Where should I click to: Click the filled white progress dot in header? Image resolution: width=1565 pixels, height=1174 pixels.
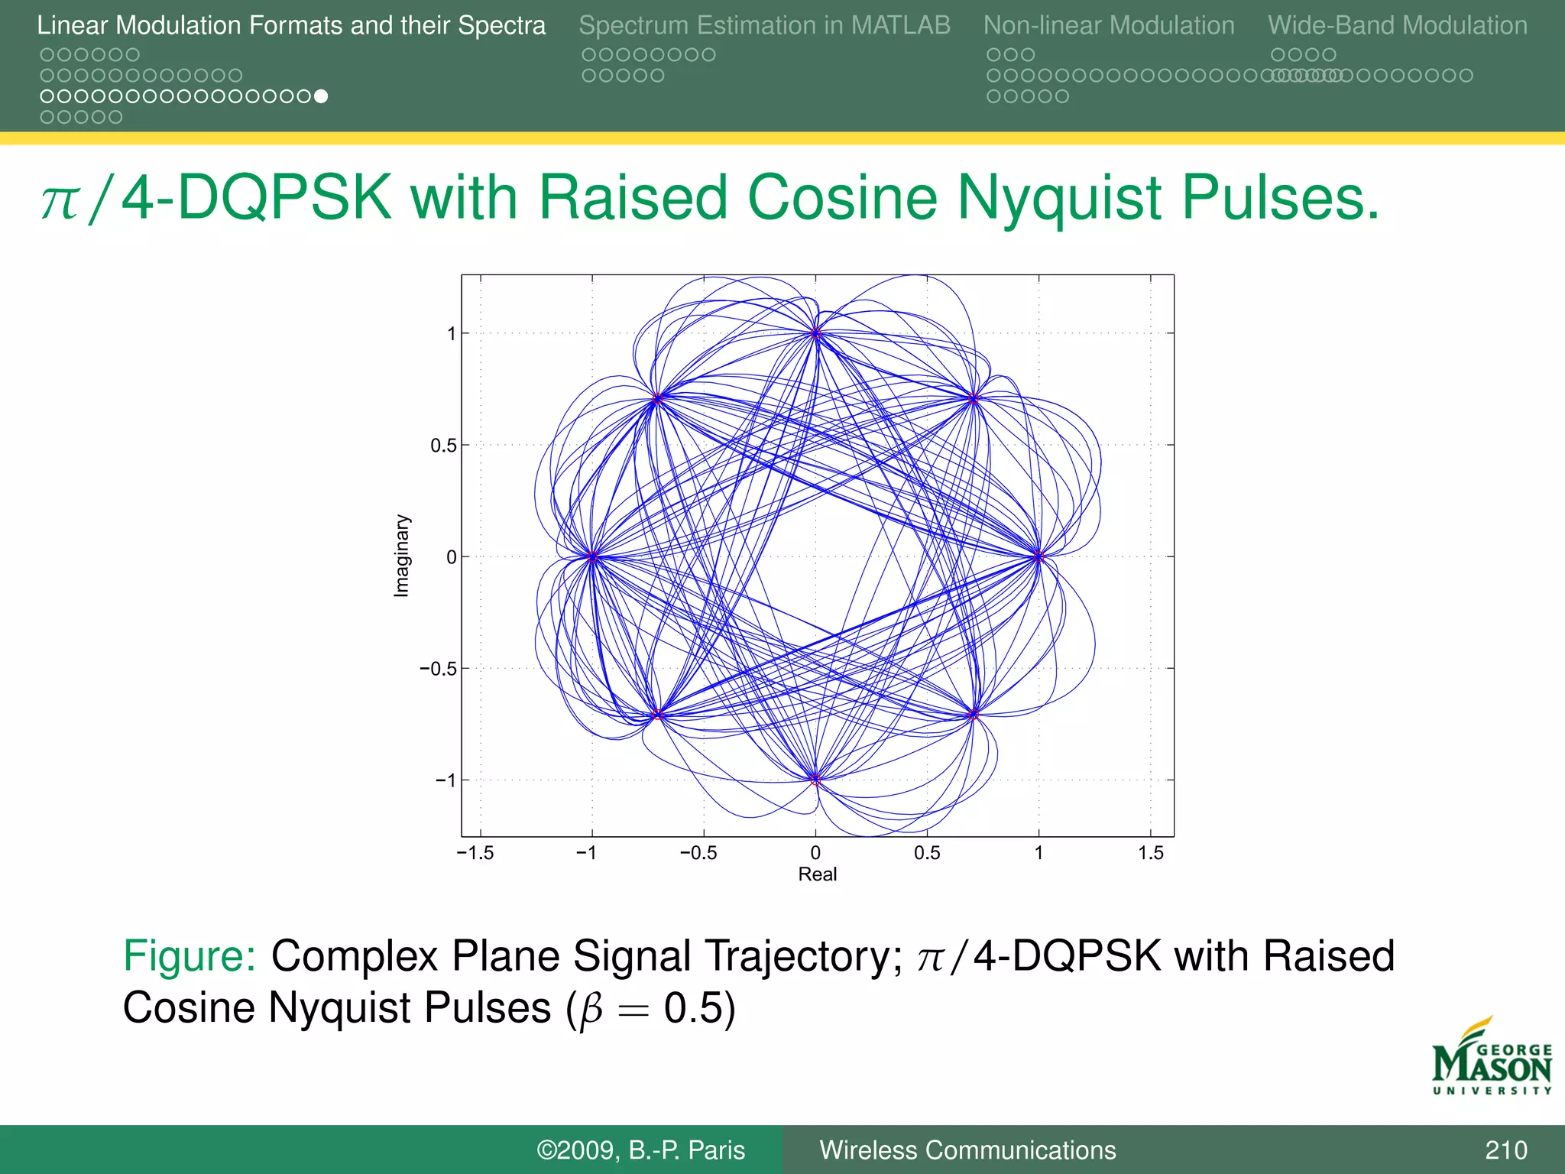322,96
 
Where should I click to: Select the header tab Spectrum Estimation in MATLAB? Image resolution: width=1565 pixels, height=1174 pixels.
764,25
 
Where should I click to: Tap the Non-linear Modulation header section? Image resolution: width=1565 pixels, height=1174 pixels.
1108,25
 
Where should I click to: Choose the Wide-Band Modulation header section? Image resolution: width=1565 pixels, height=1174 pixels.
1397,25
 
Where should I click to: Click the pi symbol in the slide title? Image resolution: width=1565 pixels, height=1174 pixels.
60,201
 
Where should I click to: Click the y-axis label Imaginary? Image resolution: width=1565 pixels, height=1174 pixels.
401,556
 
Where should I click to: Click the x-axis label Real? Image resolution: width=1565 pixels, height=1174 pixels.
817,874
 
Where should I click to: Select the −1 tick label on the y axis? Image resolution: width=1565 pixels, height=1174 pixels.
445,780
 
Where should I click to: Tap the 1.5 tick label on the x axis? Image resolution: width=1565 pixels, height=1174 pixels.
1150,853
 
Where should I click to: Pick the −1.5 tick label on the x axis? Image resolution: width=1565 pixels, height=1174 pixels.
475,853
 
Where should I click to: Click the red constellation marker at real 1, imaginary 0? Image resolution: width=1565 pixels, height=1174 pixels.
1038,556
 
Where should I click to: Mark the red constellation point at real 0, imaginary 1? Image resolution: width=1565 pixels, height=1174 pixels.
815,333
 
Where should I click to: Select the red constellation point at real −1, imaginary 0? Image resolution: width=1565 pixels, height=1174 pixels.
592,556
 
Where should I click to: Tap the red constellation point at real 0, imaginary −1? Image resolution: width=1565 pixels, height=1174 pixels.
815,780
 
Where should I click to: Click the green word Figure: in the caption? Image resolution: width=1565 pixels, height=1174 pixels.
190,956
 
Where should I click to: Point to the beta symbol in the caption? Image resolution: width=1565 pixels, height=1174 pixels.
592,1010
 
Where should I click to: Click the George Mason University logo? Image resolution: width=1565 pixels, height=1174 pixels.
1491,1058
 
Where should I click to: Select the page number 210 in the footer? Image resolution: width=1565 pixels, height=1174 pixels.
1505,1150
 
